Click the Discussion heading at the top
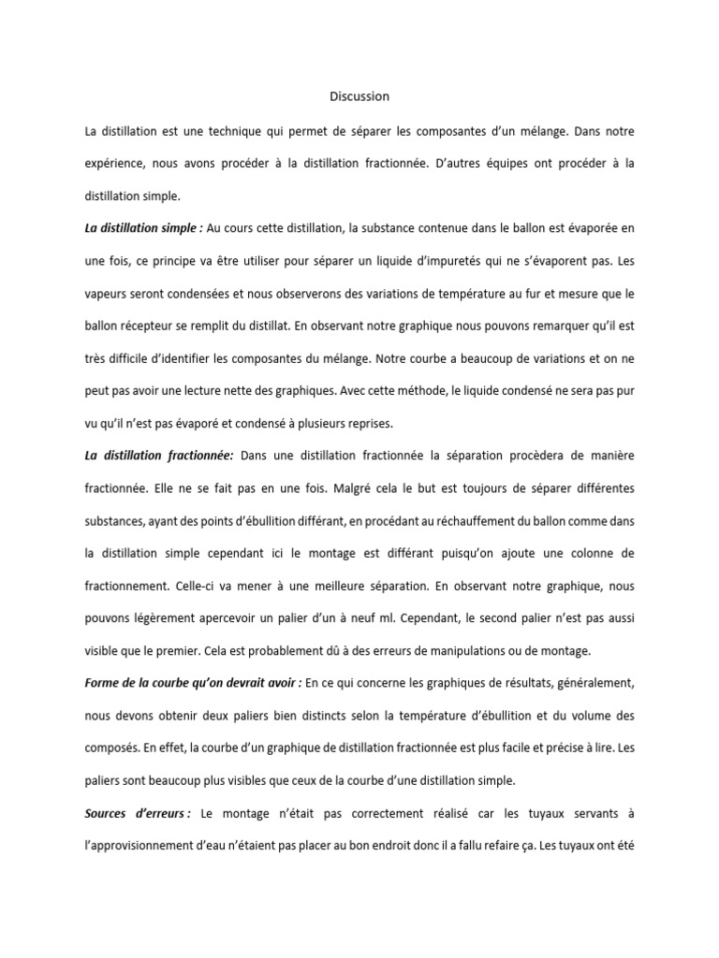pyautogui.click(x=359, y=96)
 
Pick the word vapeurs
pyautogui.click(x=106, y=293)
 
